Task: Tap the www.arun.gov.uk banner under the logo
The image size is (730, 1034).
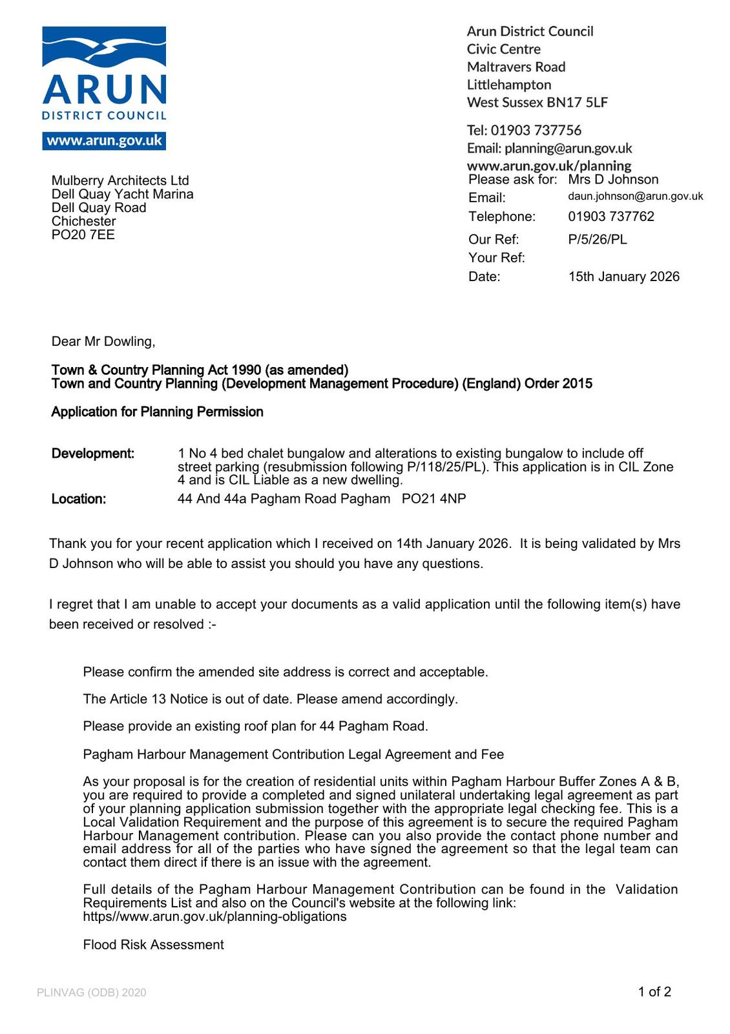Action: point(104,141)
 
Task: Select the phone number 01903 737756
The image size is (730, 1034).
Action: point(536,130)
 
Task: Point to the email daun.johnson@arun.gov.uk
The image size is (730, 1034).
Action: point(635,196)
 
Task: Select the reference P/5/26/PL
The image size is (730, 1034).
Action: point(597,239)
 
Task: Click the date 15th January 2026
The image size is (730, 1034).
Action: point(623,277)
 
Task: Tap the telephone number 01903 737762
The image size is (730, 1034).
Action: point(610,216)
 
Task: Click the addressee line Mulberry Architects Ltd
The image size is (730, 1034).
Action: point(120,180)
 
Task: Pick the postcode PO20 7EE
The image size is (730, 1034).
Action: point(83,235)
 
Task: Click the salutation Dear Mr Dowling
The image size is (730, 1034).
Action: point(103,341)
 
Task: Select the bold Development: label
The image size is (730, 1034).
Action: point(93,454)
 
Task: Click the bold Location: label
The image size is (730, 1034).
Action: point(79,499)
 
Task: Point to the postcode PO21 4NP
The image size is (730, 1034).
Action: point(433,499)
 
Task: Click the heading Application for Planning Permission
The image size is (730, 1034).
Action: point(157,412)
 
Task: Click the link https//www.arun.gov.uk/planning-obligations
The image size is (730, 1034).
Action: point(214,916)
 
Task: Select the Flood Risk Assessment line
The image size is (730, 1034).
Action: point(153,945)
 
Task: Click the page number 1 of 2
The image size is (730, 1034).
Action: point(654,991)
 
